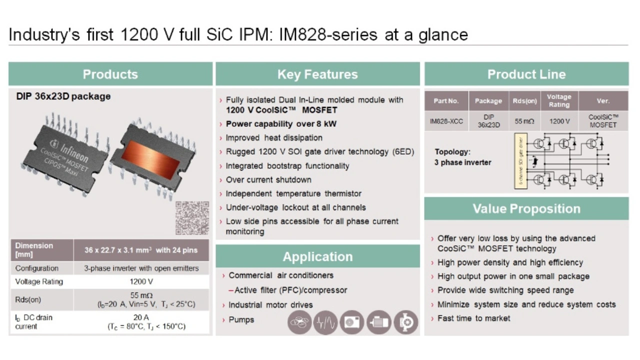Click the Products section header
110,74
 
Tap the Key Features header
317,74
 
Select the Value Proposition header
526,208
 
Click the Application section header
317,256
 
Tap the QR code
192,218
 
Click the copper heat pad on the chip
151,159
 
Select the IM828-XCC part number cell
446,121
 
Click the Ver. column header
603,101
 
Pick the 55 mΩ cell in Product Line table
524,121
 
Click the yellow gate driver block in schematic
520,161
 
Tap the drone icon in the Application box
299,322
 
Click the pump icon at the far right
406,322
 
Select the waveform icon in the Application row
325,322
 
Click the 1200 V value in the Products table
141,281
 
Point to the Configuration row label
37,268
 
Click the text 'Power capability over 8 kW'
281,124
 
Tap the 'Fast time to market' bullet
473,318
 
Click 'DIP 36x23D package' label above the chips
63,96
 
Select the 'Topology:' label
452,151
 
